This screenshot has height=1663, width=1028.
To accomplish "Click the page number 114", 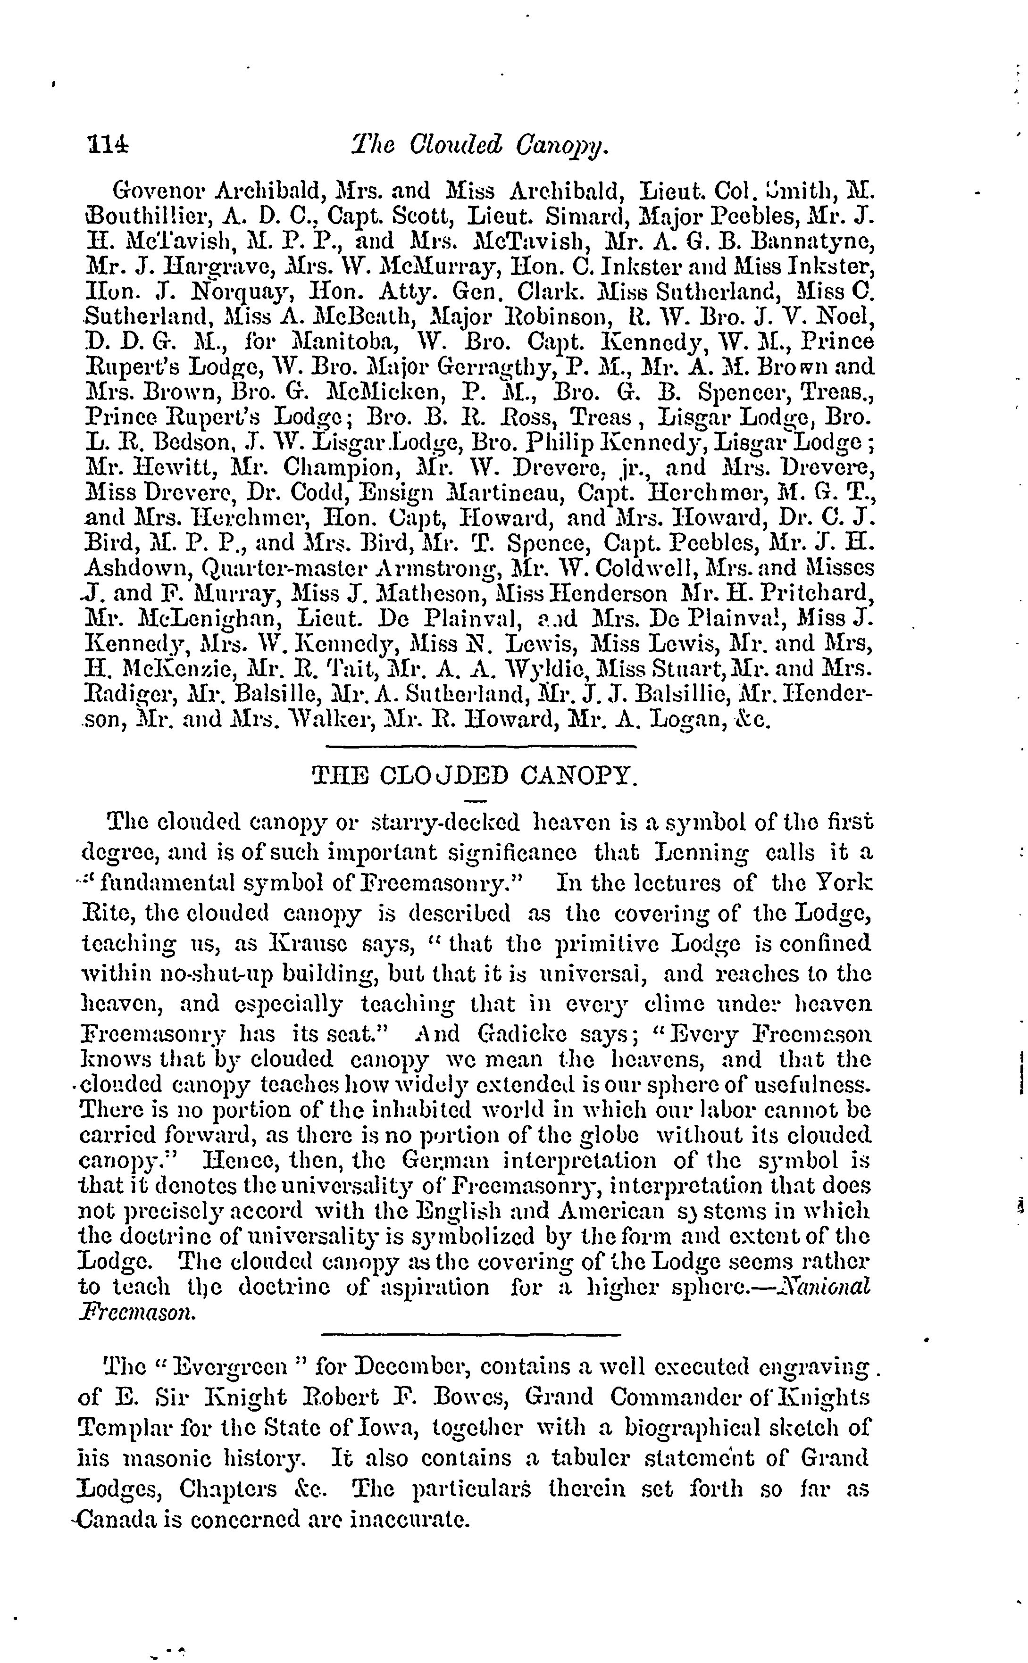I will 108,145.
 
